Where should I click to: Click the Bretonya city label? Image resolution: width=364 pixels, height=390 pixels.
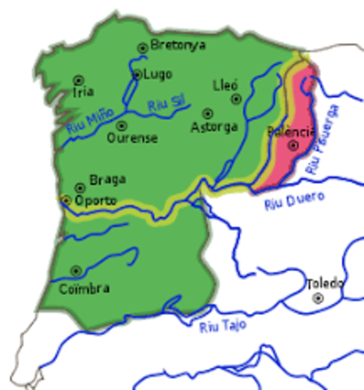point(179,45)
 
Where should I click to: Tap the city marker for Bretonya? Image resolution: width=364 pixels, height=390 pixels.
point(143,47)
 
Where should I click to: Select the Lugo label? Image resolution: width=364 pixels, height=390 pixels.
point(157,74)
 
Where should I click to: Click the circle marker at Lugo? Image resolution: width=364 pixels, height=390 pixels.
point(137,75)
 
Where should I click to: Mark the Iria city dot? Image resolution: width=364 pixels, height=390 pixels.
point(79,80)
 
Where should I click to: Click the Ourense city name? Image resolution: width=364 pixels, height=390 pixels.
point(132,138)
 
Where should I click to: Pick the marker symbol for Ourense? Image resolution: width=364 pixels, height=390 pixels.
point(122,126)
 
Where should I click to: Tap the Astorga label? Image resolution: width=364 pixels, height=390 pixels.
point(214,127)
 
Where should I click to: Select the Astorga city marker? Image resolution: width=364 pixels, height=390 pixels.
point(208,114)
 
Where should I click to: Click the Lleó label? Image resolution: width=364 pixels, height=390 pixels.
point(225,84)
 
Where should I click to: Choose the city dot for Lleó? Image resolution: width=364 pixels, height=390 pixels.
point(236,98)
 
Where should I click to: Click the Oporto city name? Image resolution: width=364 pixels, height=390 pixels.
point(96,200)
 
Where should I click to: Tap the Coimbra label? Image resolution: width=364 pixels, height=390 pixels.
point(84,288)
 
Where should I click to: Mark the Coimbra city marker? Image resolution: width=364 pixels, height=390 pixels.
point(76,271)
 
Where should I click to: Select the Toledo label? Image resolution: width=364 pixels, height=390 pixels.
point(324,284)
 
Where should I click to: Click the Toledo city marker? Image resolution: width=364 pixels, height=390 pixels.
point(318,298)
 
